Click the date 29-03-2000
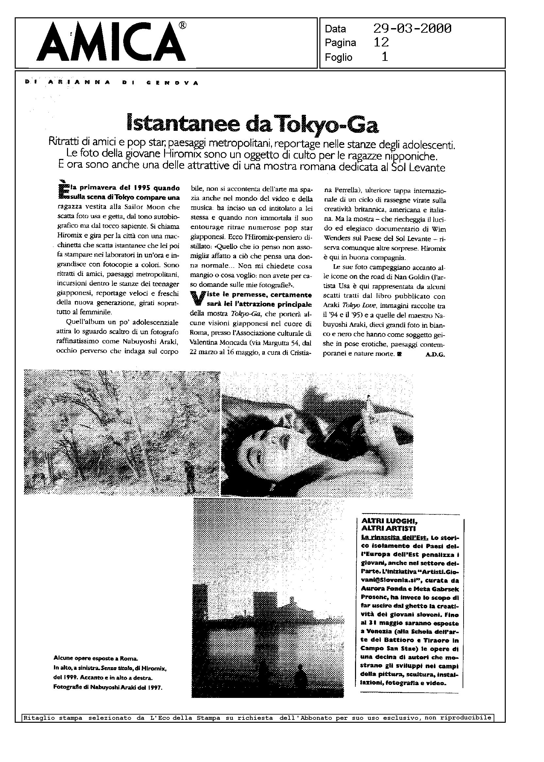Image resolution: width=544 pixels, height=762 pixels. point(412,29)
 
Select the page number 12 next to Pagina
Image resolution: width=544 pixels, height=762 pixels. point(381,42)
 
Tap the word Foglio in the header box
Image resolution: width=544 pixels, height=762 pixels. point(338,57)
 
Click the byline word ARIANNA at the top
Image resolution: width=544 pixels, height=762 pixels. point(79,83)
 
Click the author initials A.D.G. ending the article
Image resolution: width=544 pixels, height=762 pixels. point(435,355)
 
